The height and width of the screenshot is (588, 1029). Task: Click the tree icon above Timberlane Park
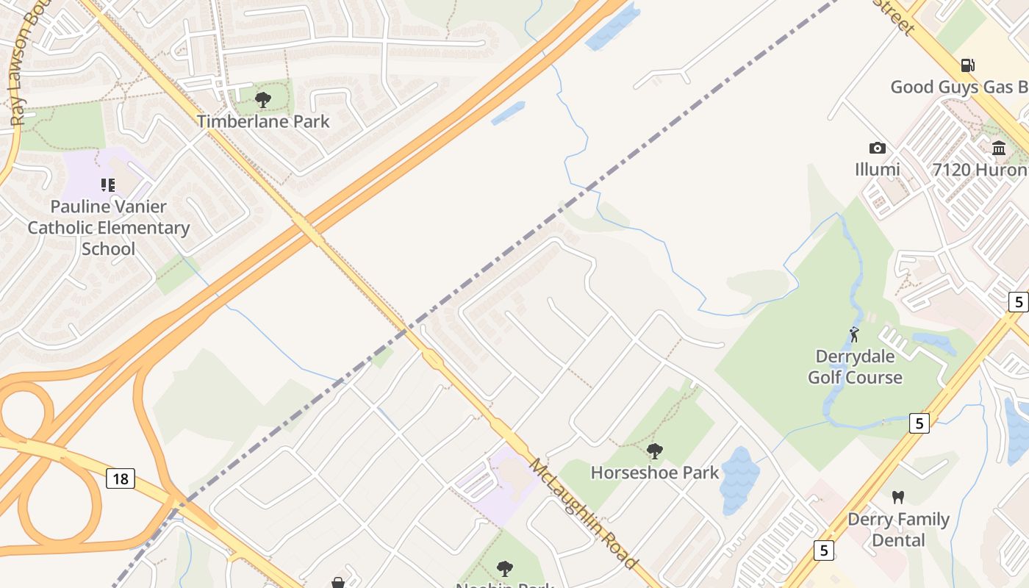pyautogui.click(x=262, y=99)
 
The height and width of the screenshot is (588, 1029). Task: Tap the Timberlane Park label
pyautogui.click(x=263, y=121)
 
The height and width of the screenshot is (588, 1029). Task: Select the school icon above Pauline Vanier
pyautogui.click(x=108, y=185)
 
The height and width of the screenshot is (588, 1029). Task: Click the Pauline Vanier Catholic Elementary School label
pyautogui.click(x=109, y=228)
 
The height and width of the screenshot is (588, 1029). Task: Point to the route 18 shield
pyautogui.click(x=121, y=479)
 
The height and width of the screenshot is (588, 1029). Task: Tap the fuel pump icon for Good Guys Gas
pyautogui.click(x=968, y=65)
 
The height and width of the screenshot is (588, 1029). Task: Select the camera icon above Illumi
pyautogui.click(x=877, y=148)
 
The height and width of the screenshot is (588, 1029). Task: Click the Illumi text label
pyautogui.click(x=877, y=170)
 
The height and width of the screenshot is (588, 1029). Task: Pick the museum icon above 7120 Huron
pyautogui.click(x=999, y=148)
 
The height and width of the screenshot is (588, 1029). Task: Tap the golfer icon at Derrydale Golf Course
pyautogui.click(x=854, y=335)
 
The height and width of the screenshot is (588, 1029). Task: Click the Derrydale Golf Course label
pyautogui.click(x=855, y=367)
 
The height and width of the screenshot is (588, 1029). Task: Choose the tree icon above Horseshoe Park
pyautogui.click(x=654, y=451)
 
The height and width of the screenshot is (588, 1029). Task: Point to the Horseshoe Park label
pyautogui.click(x=654, y=473)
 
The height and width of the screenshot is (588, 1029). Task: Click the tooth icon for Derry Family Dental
pyautogui.click(x=897, y=498)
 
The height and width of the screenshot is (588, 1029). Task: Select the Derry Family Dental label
pyautogui.click(x=898, y=530)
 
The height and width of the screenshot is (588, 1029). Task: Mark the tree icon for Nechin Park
pyautogui.click(x=504, y=568)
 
